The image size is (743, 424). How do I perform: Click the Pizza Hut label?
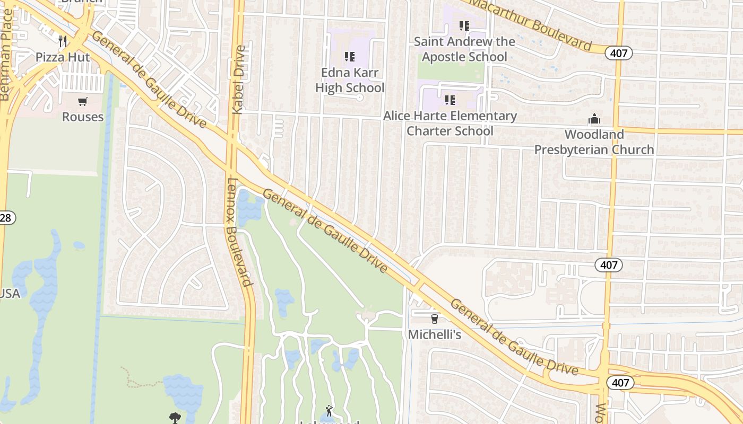pos(63,57)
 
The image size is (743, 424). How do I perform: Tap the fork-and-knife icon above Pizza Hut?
pos(63,41)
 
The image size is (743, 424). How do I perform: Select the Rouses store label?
pos(83,117)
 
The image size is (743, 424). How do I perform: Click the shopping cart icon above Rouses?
pos(82,101)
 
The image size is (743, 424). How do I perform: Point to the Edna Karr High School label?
pos(350,79)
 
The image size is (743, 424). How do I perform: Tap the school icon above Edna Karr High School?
pos(349,56)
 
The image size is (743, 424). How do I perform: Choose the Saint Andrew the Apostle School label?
pos(464,49)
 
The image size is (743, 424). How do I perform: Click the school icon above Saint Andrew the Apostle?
pos(464,25)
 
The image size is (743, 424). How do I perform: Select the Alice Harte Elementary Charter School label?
pos(450,123)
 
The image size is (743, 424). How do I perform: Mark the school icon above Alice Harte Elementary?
pos(450,100)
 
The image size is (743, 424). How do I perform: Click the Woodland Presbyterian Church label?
pos(594,142)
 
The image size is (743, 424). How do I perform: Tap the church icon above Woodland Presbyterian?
pos(594,119)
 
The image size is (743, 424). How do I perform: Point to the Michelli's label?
pos(435,335)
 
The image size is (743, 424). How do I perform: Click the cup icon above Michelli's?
pos(435,319)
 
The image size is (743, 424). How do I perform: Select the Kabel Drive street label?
pos(239,79)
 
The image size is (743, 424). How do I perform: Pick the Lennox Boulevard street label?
pos(238,232)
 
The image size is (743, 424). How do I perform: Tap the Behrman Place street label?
pos(6,53)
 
